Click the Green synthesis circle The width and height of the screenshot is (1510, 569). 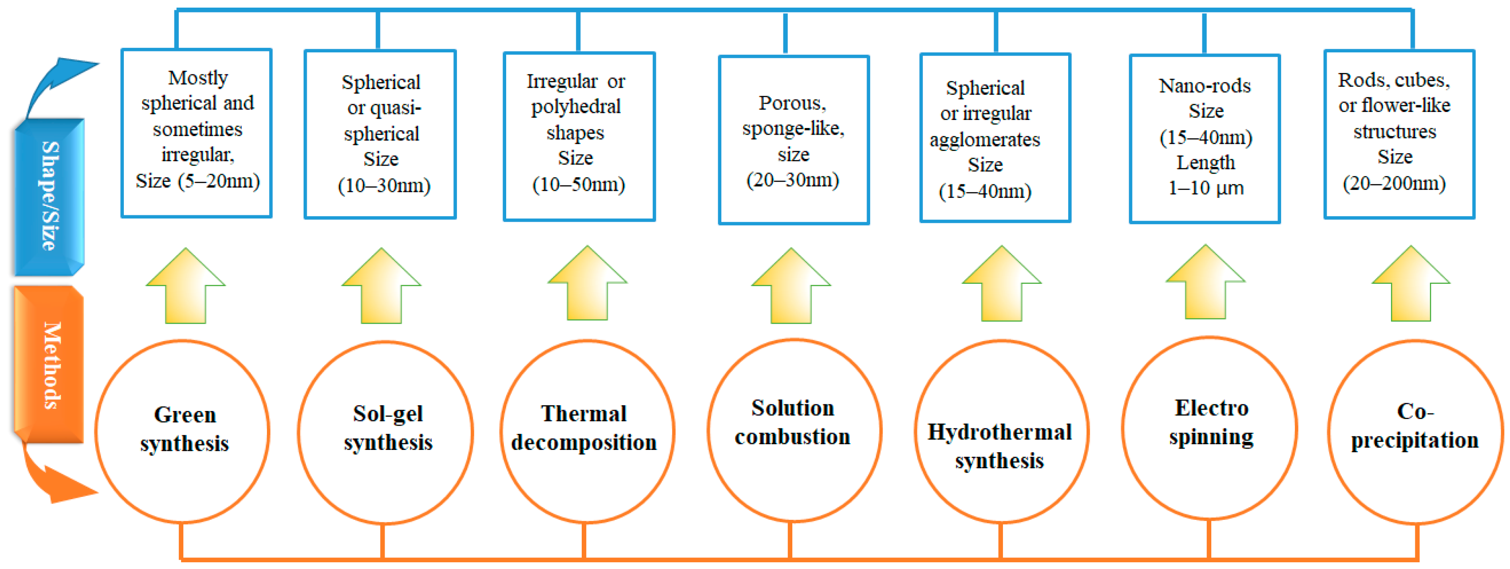(x=183, y=431)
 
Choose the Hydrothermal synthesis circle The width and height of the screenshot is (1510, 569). (x=1001, y=431)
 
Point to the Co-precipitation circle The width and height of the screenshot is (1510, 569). (x=1415, y=431)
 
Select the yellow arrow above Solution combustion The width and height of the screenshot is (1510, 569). (x=791, y=287)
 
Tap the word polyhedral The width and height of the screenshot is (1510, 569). (x=575, y=107)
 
